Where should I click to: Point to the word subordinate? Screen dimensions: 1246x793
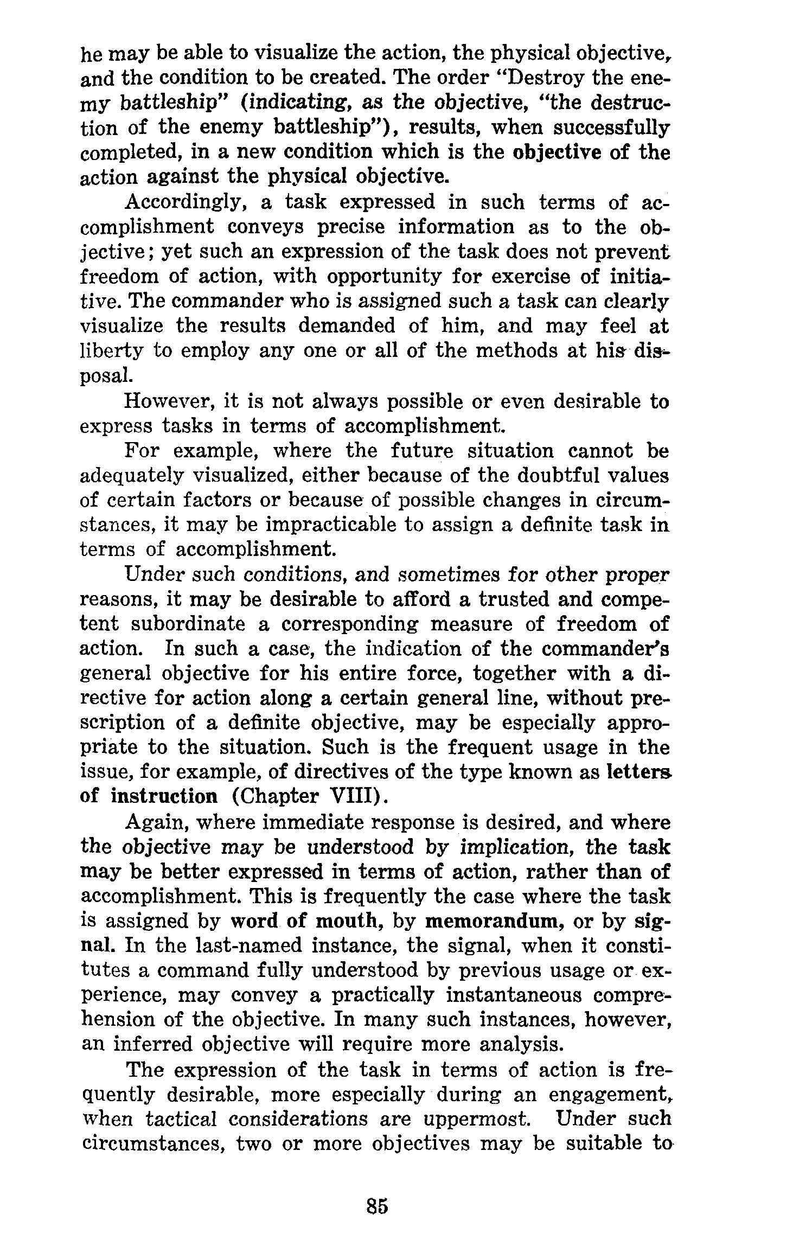[x=188, y=624]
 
